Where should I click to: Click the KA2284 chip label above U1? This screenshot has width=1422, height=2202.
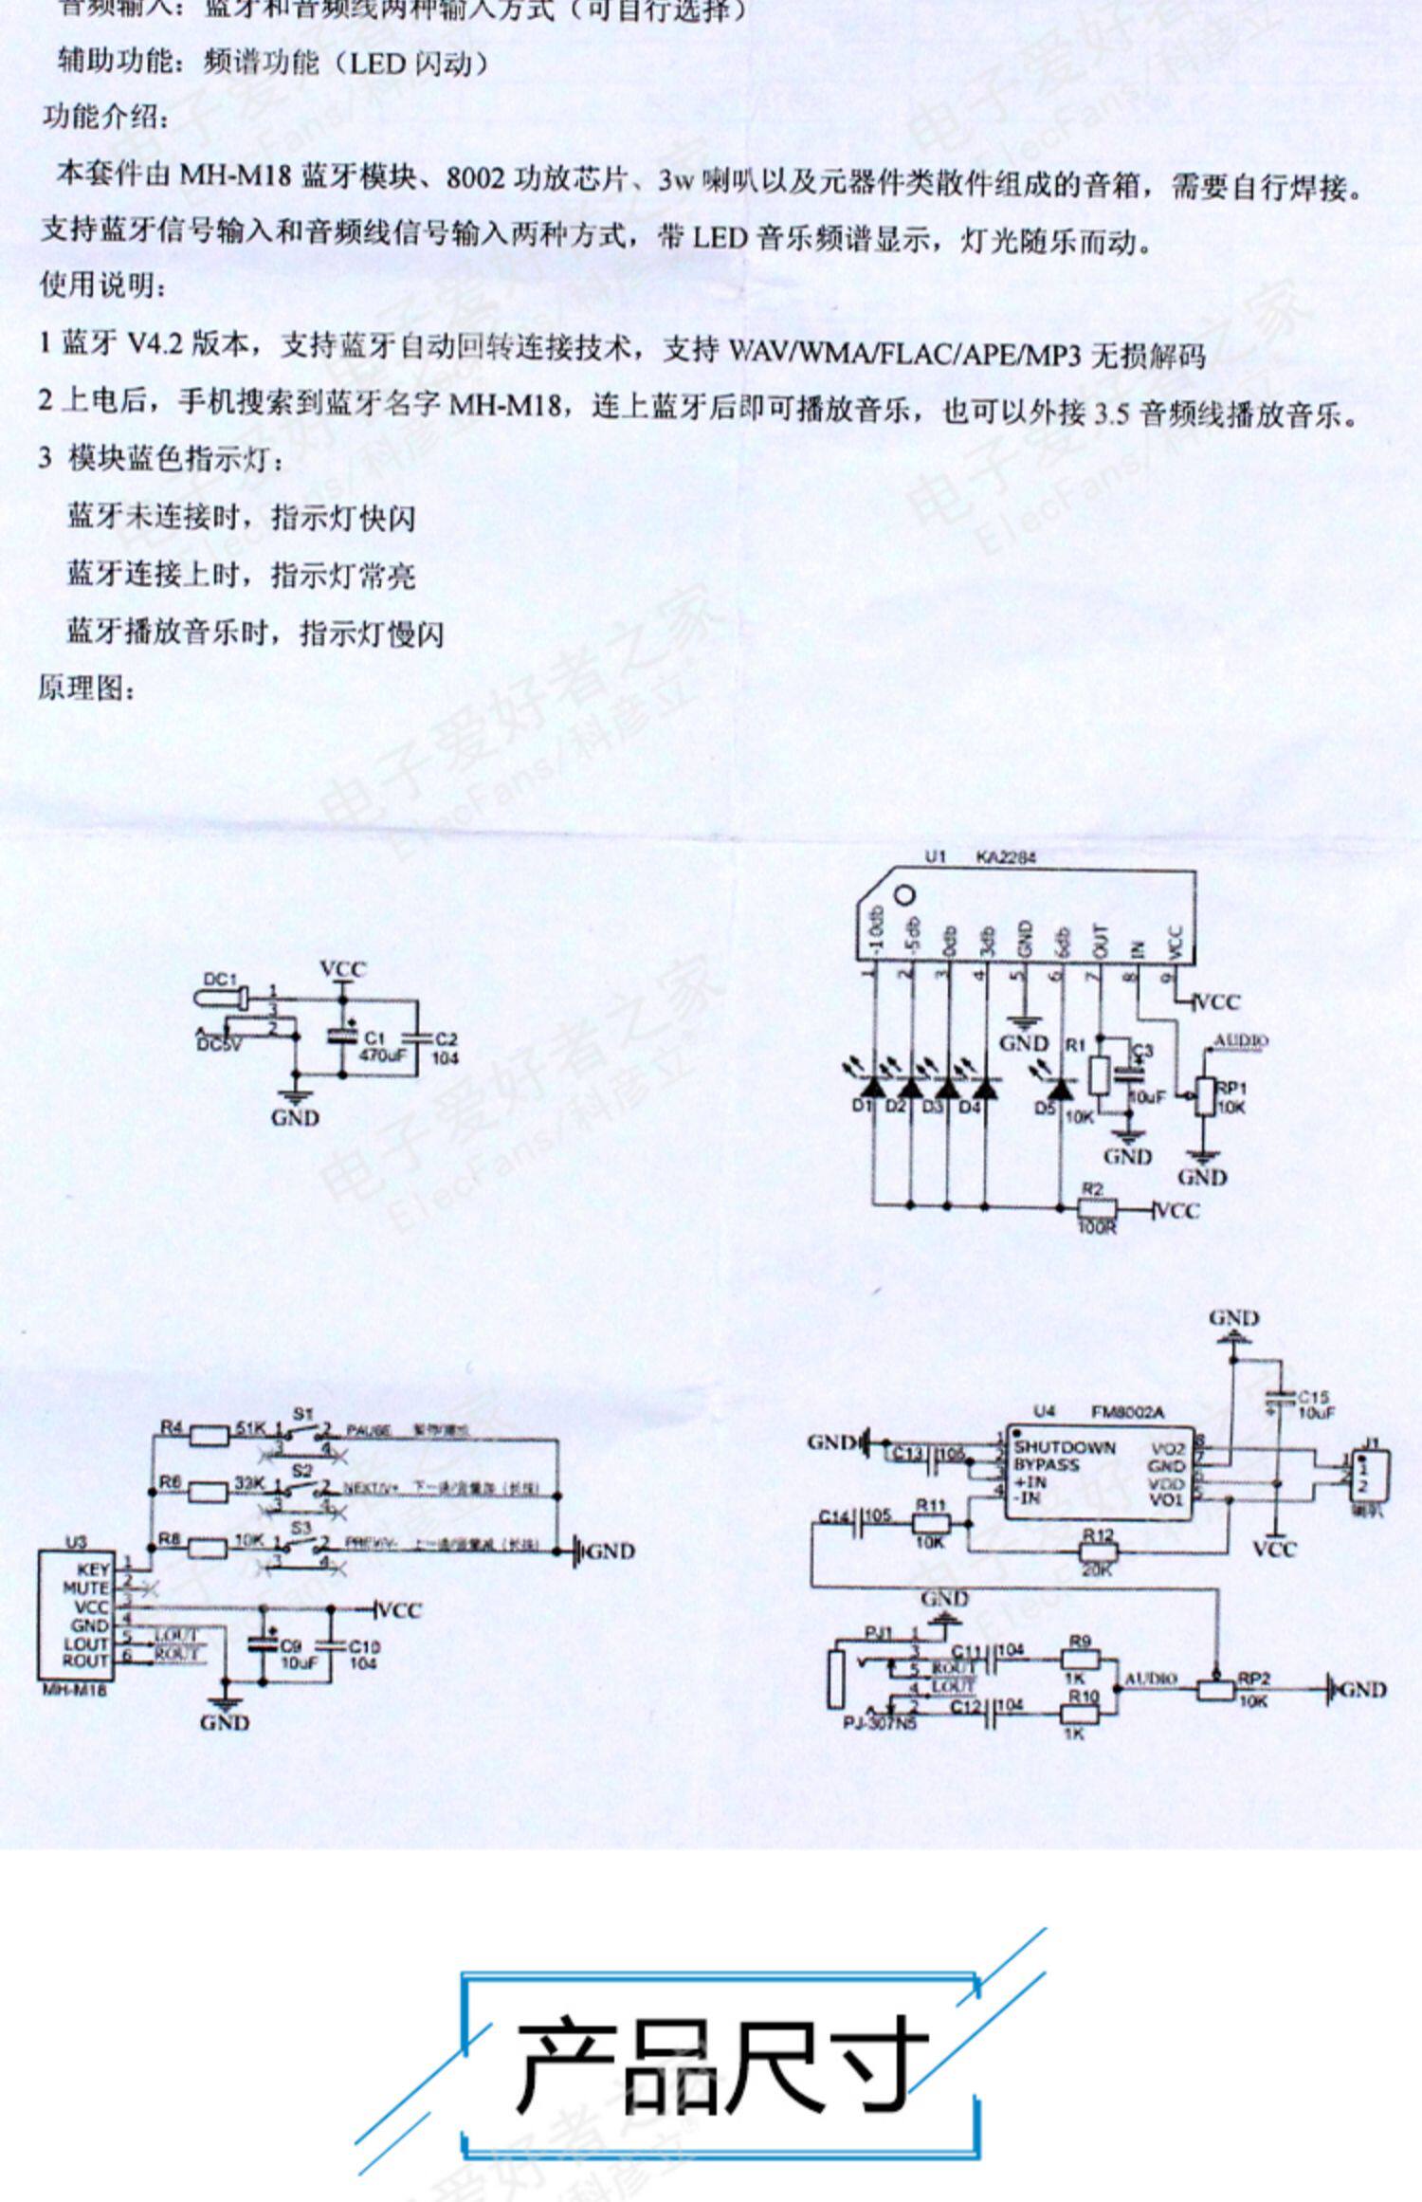pos(1006,857)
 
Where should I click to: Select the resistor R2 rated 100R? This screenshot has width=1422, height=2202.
pos(1098,1209)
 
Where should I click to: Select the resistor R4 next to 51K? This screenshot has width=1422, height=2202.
pos(210,1437)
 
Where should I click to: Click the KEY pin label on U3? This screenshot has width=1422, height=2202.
pos(92,1570)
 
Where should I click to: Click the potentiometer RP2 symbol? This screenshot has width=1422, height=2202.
pos(1217,1689)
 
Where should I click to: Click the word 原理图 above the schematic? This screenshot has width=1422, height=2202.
pos(86,688)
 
